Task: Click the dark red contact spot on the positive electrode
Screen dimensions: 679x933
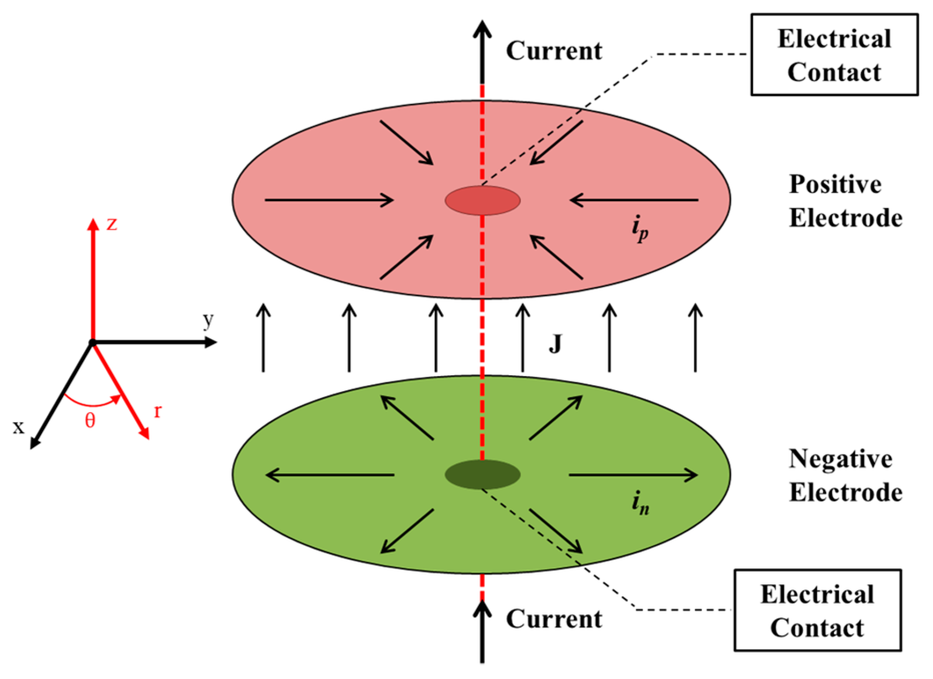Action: pos(483,200)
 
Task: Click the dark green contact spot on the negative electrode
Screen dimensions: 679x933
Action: pos(483,474)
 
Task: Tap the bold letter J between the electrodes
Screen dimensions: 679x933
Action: pos(555,344)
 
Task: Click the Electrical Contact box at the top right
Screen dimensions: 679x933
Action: pos(834,55)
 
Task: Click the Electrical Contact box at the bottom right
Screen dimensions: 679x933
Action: pos(817,610)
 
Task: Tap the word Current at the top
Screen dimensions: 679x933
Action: pos(554,51)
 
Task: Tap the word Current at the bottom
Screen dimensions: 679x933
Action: pos(554,619)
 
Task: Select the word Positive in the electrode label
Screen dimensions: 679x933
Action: pos(835,185)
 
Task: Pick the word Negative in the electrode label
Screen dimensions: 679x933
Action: pos(840,459)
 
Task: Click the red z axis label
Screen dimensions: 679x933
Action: pos(112,224)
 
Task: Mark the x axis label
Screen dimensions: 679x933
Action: pos(19,427)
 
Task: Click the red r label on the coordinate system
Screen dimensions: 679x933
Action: pos(158,411)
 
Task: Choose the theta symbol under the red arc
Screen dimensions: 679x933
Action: pos(90,421)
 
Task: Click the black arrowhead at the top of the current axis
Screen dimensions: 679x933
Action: pos(483,28)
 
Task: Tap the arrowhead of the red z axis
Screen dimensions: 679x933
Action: pos(92,223)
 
